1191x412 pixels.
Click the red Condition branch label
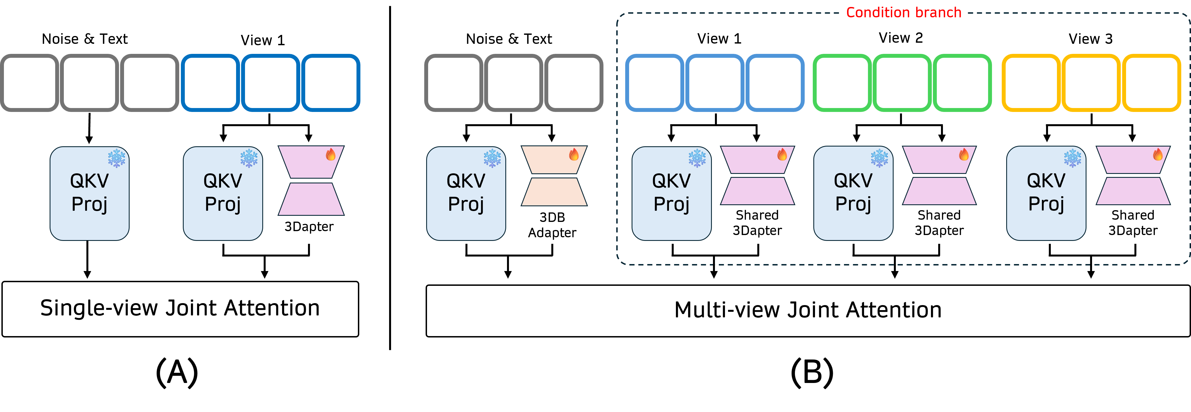[x=903, y=13]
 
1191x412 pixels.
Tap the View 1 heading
[x=719, y=39]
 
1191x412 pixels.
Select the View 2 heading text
[x=901, y=38]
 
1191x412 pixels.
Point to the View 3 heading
[x=1091, y=39]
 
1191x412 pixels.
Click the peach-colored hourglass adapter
[x=554, y=176]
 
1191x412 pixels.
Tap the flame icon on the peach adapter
[x=574, y=155]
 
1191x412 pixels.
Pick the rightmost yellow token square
[x=1152, y=83]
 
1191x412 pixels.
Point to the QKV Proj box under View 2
[x=853, y=193]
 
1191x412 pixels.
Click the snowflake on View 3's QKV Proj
[x=1072, y=158]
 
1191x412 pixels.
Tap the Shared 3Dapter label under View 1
[x=757, y=223]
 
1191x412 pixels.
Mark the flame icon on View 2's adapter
[x=964, y=155]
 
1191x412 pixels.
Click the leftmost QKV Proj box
[x=89, y=193]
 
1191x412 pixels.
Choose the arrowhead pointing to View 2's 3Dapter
[x=942, y=138]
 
